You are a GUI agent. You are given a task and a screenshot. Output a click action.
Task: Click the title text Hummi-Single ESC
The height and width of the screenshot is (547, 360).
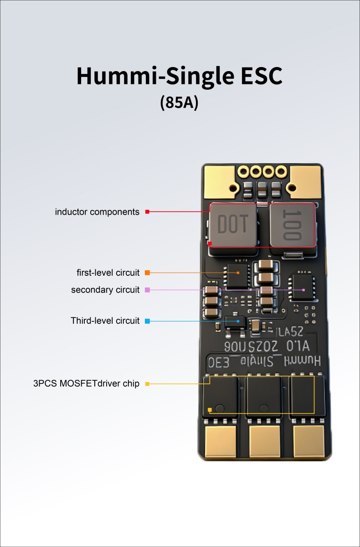179,76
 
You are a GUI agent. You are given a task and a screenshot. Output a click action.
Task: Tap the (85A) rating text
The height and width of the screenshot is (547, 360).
179,102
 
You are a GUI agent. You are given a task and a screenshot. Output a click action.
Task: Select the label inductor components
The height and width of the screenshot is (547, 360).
97,212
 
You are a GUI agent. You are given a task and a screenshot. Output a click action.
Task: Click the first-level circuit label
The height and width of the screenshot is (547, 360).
108,273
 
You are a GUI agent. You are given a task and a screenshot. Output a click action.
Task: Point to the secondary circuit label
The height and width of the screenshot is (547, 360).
105,290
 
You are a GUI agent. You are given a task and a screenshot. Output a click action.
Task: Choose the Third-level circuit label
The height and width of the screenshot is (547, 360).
105,321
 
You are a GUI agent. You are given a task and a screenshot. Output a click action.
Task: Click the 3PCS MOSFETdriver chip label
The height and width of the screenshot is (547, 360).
86,384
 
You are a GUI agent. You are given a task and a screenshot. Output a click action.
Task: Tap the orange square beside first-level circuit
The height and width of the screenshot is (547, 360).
147,273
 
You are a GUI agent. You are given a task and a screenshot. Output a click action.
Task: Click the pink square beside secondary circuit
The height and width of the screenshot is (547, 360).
147,290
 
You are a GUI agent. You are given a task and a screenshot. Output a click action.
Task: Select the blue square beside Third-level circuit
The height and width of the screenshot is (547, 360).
147,321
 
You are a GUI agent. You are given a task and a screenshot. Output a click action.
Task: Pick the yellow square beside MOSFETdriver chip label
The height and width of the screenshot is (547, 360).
147,384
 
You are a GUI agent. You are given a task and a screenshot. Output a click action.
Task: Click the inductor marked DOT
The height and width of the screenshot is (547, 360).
233,226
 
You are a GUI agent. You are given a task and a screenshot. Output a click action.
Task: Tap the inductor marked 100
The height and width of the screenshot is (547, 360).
292,226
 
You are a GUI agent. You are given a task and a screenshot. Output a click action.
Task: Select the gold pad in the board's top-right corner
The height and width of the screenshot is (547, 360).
306,179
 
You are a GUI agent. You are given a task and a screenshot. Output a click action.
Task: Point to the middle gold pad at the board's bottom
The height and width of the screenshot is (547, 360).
265,442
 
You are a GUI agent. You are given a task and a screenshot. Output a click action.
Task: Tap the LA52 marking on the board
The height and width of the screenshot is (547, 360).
290,331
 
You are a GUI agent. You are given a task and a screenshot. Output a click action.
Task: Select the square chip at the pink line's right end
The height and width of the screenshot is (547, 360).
304,287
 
